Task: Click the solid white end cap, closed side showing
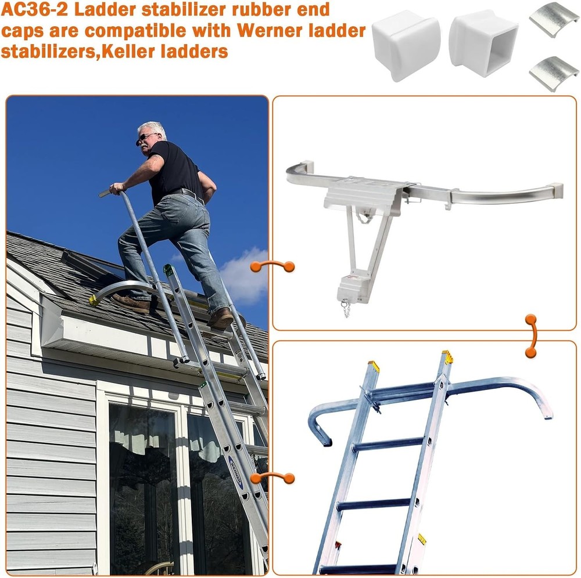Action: coord(407,45)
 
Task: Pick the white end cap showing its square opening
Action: coord(483,43)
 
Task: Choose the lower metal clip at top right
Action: coord(554,74)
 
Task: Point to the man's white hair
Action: coord(153,129)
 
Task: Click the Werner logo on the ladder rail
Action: coord(236,472)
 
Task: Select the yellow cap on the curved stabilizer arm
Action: coord(94,301)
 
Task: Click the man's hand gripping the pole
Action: coord(117,189)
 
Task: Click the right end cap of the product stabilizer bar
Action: coord(556,190)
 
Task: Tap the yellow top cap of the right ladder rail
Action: coord(447,356)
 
